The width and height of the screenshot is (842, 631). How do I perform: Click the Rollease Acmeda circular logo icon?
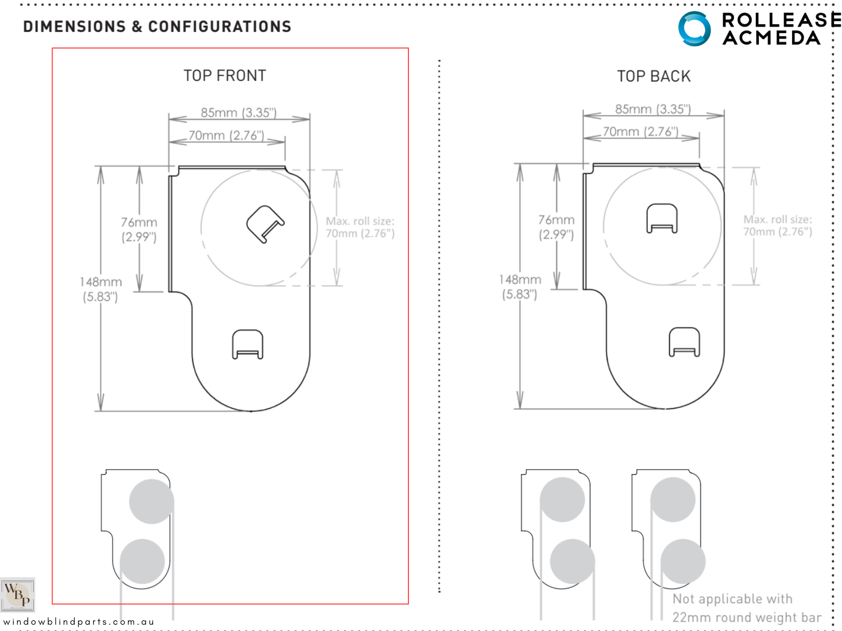694,28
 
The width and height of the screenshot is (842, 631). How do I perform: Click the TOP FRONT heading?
225,76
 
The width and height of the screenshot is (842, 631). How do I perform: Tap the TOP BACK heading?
654,76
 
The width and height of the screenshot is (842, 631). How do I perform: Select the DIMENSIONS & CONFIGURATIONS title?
157,26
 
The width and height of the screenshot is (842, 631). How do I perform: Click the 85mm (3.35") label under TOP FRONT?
238,113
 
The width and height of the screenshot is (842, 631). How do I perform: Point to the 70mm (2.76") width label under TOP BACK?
640,131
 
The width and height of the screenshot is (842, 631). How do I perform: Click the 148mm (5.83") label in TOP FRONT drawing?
101,289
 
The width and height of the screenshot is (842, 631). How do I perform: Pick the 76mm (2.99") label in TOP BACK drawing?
556,227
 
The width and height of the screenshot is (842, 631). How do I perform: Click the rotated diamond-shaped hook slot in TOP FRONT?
265,224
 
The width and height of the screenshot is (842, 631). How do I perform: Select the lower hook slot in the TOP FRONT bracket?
248,344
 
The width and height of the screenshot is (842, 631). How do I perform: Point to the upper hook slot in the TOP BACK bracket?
661,218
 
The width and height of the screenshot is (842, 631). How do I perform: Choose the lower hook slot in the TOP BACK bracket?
684,342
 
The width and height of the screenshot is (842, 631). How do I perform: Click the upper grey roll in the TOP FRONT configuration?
152,501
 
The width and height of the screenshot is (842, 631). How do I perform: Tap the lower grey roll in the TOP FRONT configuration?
143,561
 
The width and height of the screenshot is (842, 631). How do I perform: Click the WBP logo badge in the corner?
17,594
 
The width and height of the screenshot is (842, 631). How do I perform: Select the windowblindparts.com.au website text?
79,622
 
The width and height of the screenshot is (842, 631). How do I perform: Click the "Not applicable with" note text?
732,599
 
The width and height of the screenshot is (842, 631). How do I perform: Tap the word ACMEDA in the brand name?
771,38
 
